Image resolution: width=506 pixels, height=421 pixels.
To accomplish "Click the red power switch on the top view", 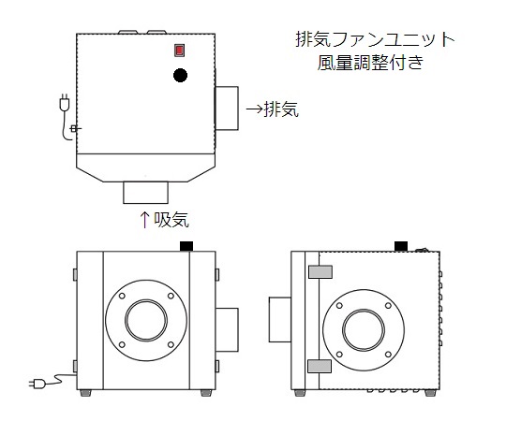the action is [x=179, y=51].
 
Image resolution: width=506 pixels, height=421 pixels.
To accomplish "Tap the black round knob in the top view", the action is [x=181, y=75].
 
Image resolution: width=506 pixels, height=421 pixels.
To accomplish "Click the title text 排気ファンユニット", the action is [x=375, y=39].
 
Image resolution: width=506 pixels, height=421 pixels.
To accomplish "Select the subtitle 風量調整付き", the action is [x=370, y=63].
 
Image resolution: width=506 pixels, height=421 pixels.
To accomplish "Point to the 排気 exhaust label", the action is [x=281, y=109].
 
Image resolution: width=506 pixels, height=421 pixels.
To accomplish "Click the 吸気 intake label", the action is [x=171, y=220].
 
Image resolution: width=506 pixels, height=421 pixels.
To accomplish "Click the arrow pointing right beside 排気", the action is [x=255, y=109].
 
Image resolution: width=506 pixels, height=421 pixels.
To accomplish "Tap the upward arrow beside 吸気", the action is [x=144, y=220].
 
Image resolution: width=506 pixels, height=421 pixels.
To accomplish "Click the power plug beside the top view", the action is [x=65, y=103].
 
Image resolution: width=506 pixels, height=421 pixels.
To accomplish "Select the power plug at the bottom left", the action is [x=37, y=384].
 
